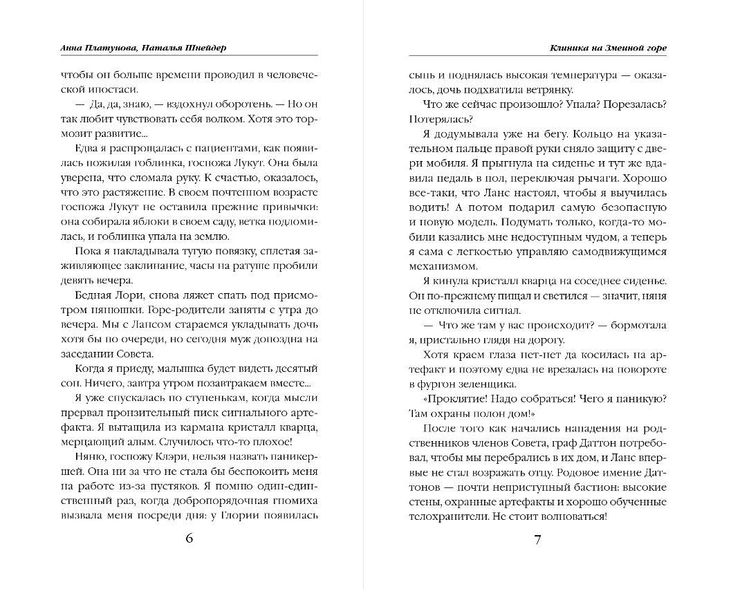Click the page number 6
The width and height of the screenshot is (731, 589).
[x=189, y=540]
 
